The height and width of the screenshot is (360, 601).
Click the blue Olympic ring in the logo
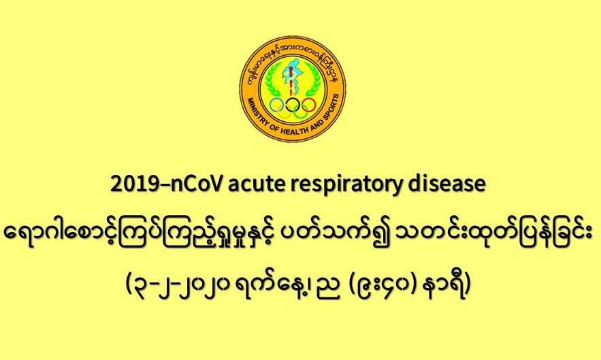277,104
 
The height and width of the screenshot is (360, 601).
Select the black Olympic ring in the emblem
293,104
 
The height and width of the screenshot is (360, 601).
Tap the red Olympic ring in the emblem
308,104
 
